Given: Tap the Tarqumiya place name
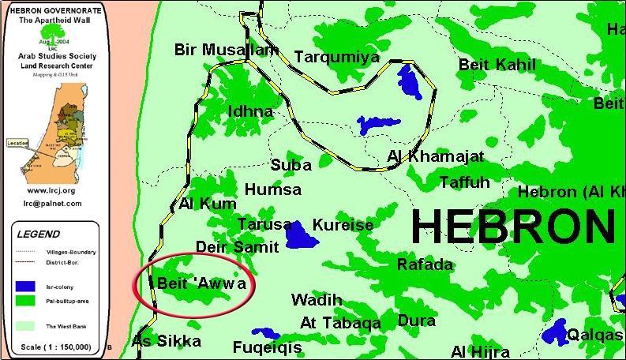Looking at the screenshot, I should pyautogui.click(x=332, y=57).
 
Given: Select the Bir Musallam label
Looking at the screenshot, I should pyautogui.click(x=227, y=51).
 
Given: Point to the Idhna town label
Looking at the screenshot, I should pyautogui.click(x=250, y=111).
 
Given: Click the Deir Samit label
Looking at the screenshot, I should pyautogui.click(x=238, y=247).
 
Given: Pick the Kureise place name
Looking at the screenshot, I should pyautogui.click(x=343, y=225).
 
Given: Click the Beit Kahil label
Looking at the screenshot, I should pyautogui.click(x=497, y=66).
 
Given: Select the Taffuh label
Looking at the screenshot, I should pyautogui.click(x=464, y=183).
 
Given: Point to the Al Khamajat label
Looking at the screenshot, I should pyautogui.click(x=436, y=156).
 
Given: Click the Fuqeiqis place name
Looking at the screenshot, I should pyautogui.click(x=267, y=347).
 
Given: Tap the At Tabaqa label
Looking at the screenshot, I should pyautogui.click(x=340, y=323).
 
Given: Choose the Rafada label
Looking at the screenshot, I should pyautogui.click(x=425, y=264).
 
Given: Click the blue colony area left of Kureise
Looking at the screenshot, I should pyautogui.click(x=298, y=234).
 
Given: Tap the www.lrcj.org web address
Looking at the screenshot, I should pyautogui.click(x=51, y=190).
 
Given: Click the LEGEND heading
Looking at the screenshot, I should pyautogui.click(x=38, y=234).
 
